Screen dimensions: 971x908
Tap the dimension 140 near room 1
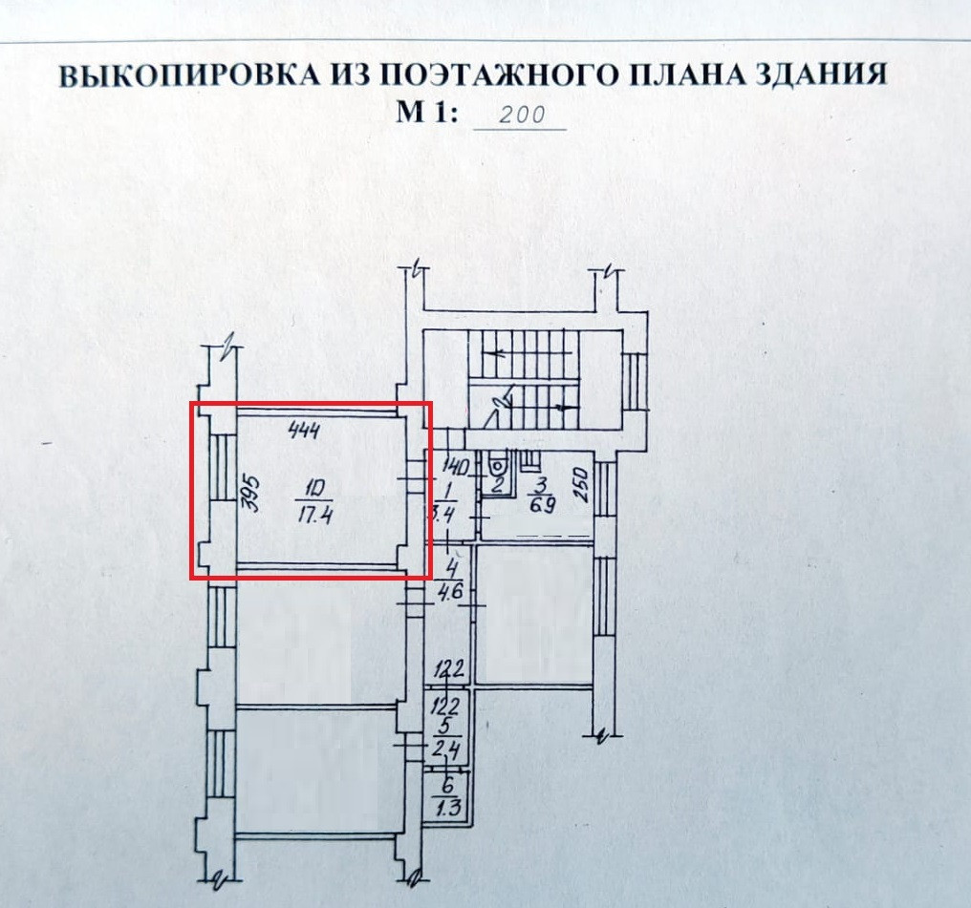pos(454,468)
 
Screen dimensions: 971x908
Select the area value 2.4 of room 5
pos(447,750)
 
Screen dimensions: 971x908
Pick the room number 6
pos(446,787)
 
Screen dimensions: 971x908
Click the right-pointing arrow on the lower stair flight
pos(563,406)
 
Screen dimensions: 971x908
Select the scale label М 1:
pos(427,114)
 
